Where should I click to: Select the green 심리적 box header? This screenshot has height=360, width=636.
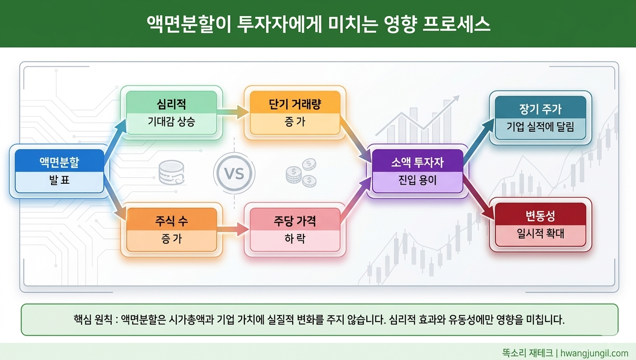click(171, 104)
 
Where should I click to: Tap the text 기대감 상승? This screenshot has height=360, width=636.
click(171, 122)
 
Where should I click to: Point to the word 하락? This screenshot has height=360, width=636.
click(295, 239)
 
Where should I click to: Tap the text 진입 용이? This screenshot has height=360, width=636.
click(417, 180)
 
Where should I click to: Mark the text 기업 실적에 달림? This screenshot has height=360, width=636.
click(540, 127)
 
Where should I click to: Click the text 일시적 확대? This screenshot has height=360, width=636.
click(540, 233)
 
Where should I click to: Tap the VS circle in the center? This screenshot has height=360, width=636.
click(234, 174)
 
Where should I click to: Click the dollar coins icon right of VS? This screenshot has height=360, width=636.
click(301, 172)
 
